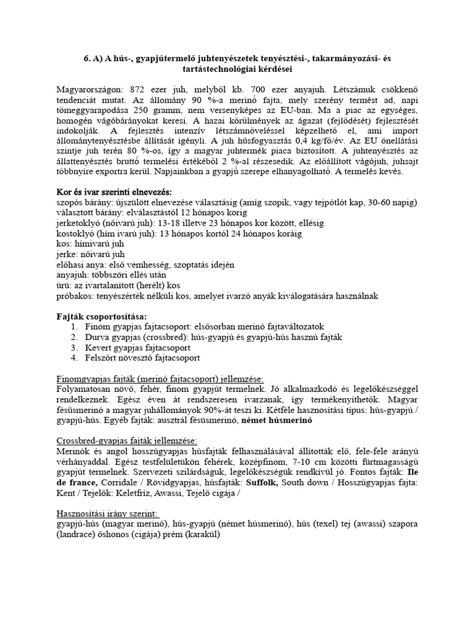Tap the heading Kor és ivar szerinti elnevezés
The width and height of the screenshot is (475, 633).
[114, 191]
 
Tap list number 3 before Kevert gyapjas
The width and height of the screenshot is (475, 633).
[74, 347]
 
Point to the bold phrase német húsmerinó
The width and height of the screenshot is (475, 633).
[276, 420]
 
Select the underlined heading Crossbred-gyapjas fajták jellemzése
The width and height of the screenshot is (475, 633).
[127, 441]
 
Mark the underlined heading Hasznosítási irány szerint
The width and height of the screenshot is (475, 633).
[107, 514]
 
